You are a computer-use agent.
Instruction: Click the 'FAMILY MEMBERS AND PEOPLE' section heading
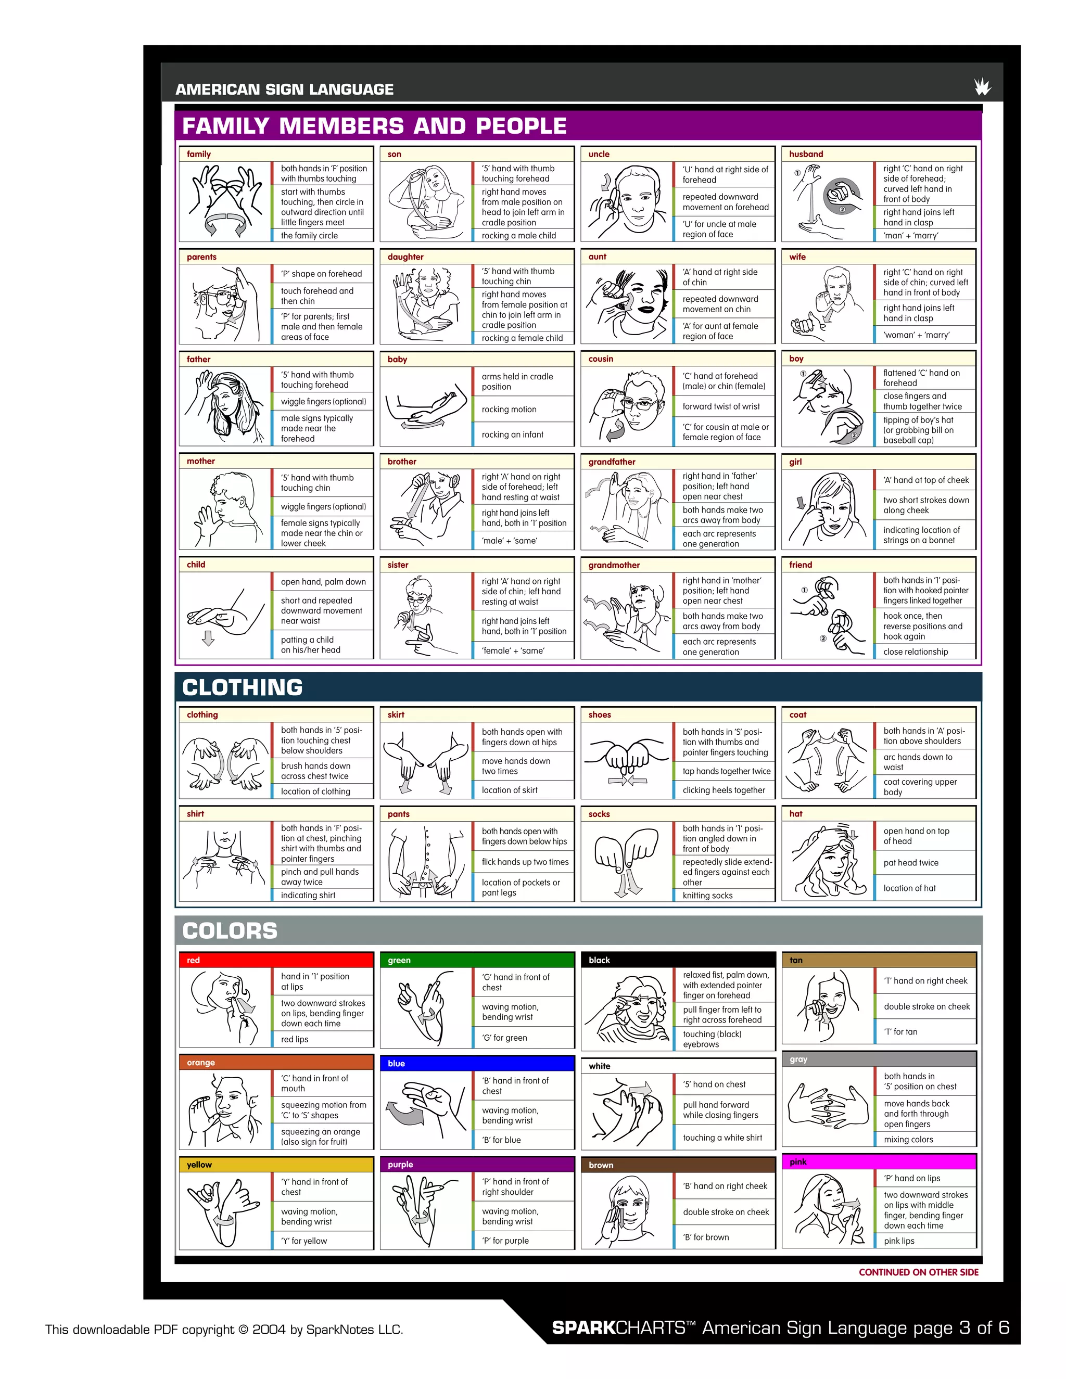pyautogui.click(x=374, y=125)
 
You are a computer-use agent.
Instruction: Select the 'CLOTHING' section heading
pyautogui.click(x=243, y=687)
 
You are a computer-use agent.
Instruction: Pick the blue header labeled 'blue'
pyautogui.click(x=477, y=1063)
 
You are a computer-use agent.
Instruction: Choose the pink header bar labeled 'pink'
pyautogui.click(x=879, y=1162)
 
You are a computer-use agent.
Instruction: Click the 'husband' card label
pyautogui.click(x=806, y=154)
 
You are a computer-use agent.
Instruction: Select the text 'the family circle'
pyautogui.click(x=310, y=236)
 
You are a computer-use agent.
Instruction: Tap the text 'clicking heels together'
pyautogui.click(x=724, y=790)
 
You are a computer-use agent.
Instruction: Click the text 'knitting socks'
pyautogui.click(x=707, y=896)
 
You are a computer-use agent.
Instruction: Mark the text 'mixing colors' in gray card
pyautogui.click(x=908, y=1140)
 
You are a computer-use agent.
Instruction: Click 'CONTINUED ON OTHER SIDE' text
pyautogui.click(x=918, y=1272)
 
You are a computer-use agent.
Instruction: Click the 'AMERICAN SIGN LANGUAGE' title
pyautogui.click(x=284, y=90)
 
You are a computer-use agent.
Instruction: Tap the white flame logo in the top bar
pyautogui.click(x=982, y=86)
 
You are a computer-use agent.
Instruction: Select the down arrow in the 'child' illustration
pyautogui.click(x=208, y=639)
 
